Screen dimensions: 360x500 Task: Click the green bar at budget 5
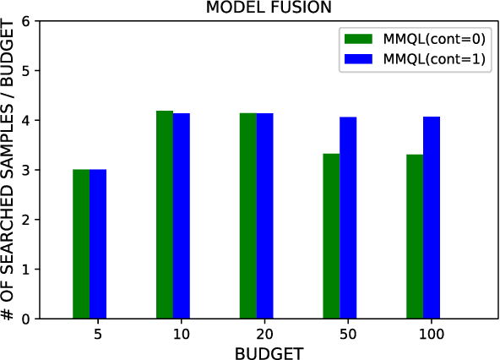pos(81,244)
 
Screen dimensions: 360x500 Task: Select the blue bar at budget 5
pos(98,244)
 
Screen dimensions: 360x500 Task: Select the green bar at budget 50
pos(332,237)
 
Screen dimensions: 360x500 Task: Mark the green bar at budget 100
pos(415,237)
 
